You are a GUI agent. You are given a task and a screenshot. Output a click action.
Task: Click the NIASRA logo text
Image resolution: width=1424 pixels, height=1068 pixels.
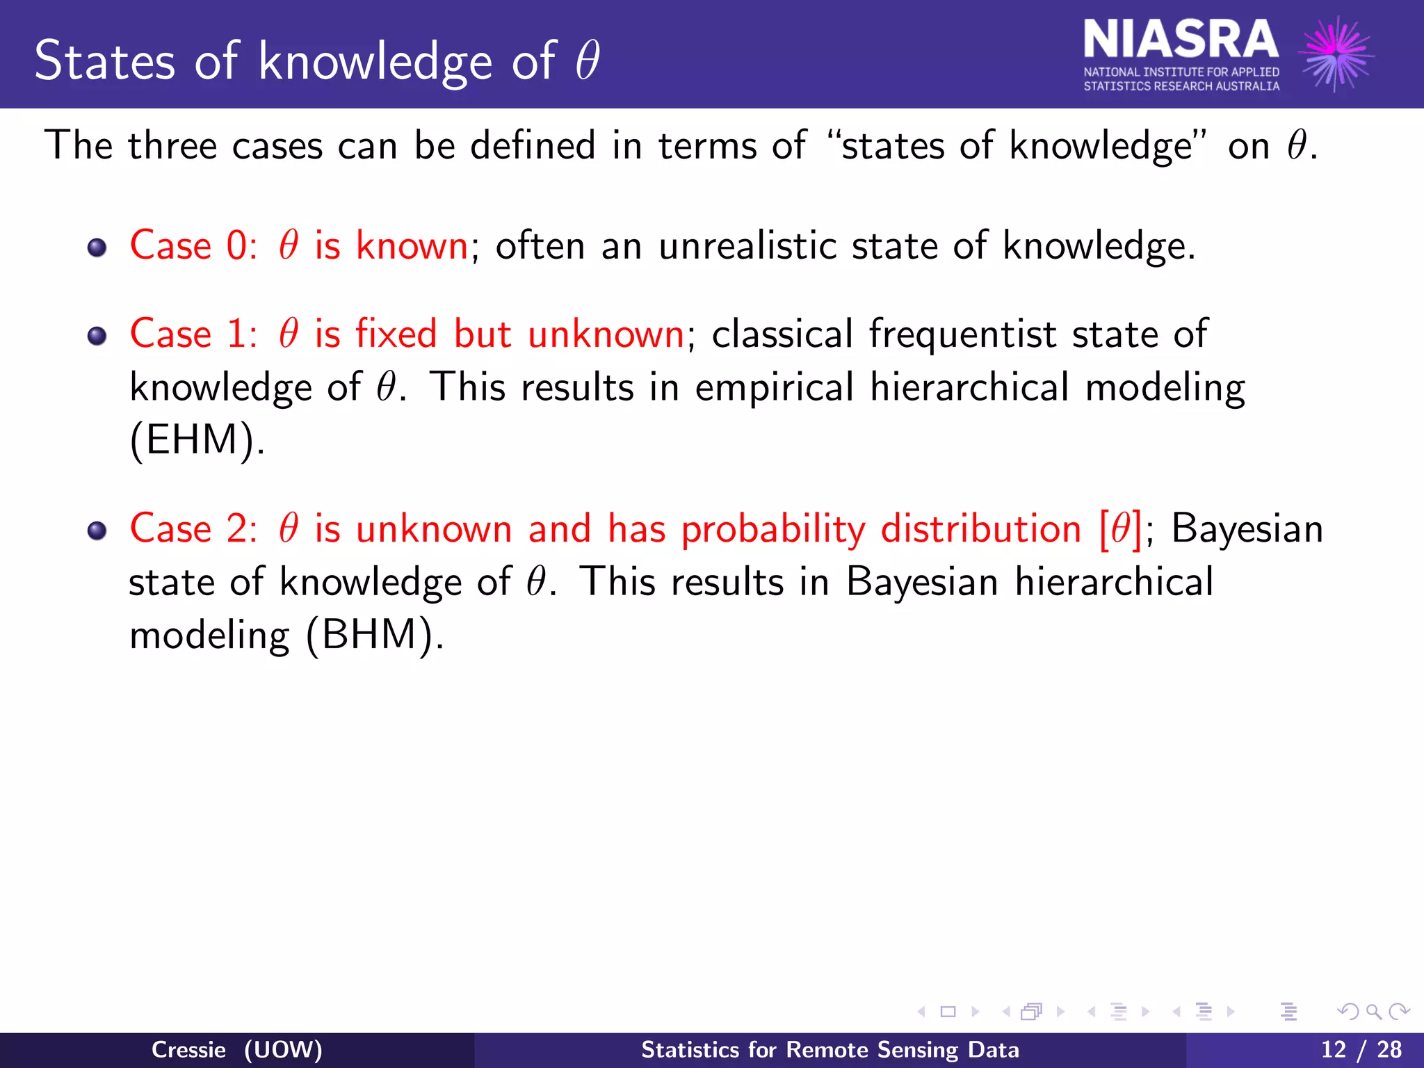point(1180,40)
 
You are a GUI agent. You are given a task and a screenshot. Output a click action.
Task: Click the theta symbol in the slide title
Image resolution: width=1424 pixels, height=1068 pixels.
point(588,60)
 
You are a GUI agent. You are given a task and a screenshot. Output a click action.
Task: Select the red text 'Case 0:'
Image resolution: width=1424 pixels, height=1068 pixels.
point(194,245)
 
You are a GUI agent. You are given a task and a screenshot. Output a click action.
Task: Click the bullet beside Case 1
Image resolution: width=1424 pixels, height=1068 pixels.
point(97,337)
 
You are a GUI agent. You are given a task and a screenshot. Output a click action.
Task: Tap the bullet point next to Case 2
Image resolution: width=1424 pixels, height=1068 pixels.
point(97,531)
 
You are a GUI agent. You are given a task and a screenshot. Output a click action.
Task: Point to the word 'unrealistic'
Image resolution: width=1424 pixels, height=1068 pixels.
point(747,245)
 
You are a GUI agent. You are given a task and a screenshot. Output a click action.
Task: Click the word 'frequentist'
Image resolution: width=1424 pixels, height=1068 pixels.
point(962,334)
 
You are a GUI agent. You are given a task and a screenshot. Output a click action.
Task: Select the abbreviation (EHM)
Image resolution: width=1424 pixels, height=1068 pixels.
point(197,440)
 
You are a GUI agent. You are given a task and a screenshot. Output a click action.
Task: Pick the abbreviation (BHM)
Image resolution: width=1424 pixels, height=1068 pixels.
point(374,635)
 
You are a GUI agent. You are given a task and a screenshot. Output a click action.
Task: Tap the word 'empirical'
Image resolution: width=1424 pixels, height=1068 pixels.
point(774,388)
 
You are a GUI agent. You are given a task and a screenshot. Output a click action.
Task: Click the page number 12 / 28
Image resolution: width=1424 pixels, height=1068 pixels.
point(1361,1049)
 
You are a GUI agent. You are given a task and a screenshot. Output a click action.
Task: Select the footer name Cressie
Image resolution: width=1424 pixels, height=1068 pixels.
point(188,1049)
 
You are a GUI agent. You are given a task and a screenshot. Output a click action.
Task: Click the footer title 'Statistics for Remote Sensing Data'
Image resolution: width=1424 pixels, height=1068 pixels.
point(830,1049)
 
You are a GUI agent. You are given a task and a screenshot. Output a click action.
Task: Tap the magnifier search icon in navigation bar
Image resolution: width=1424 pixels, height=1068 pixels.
point(1373,1012)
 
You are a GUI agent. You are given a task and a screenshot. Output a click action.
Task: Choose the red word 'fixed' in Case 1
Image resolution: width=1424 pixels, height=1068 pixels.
point(396,334)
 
